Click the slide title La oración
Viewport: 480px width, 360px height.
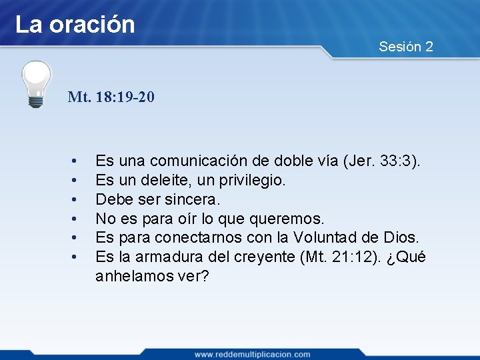(x=75, y=25)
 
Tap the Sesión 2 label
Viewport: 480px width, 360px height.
(x=405, y=47)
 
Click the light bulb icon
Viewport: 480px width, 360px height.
(x=36, y=83)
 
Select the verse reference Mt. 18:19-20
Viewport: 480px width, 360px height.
(x=111, y=97)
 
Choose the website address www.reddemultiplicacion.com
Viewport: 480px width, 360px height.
(x=252, y=354)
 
